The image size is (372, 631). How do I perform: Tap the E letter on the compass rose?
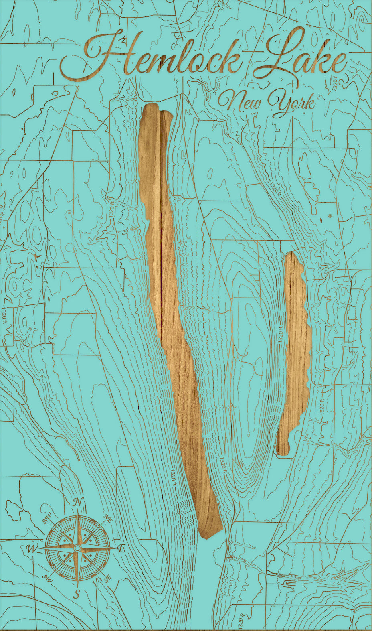(122, 549)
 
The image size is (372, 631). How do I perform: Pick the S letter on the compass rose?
(77, 594)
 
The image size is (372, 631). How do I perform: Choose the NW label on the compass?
(48, 519)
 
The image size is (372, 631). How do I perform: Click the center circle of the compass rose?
(77, 548)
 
